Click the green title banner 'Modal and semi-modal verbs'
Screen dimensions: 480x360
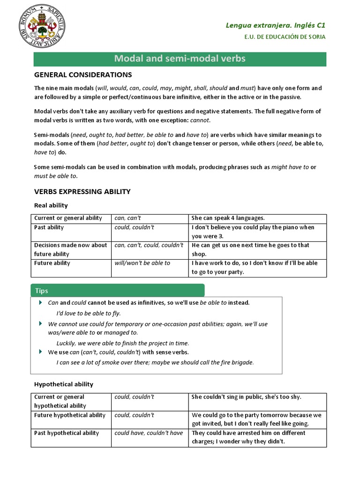click(x=180, y=59)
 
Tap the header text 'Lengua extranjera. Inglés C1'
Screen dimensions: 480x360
click(x=276, y=25)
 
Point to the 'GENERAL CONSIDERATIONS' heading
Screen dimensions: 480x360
click(x=83, y=75)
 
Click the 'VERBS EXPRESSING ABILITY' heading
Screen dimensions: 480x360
click(x=82, y=192)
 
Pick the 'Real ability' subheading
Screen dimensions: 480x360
click(x=51, y=205)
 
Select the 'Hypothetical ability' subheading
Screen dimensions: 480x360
click(x=64, y=384)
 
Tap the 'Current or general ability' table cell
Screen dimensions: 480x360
click(x=68, y=218)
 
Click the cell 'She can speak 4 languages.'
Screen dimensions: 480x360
click(x=228, y=218)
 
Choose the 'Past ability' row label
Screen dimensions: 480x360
click(x=49, y=227)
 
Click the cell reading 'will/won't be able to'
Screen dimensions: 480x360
click(x=142, y=263)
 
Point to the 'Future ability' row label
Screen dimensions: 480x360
click(x=52, y=263)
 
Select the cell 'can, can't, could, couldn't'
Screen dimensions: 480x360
click(x=149, y=245)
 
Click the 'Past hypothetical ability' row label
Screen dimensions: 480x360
click(x=67, y=433)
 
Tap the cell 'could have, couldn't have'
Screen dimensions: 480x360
click(x=149, y=433)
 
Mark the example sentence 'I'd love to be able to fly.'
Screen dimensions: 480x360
click(x=92, y=313)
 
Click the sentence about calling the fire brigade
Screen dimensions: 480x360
click(x=155, y=362)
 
